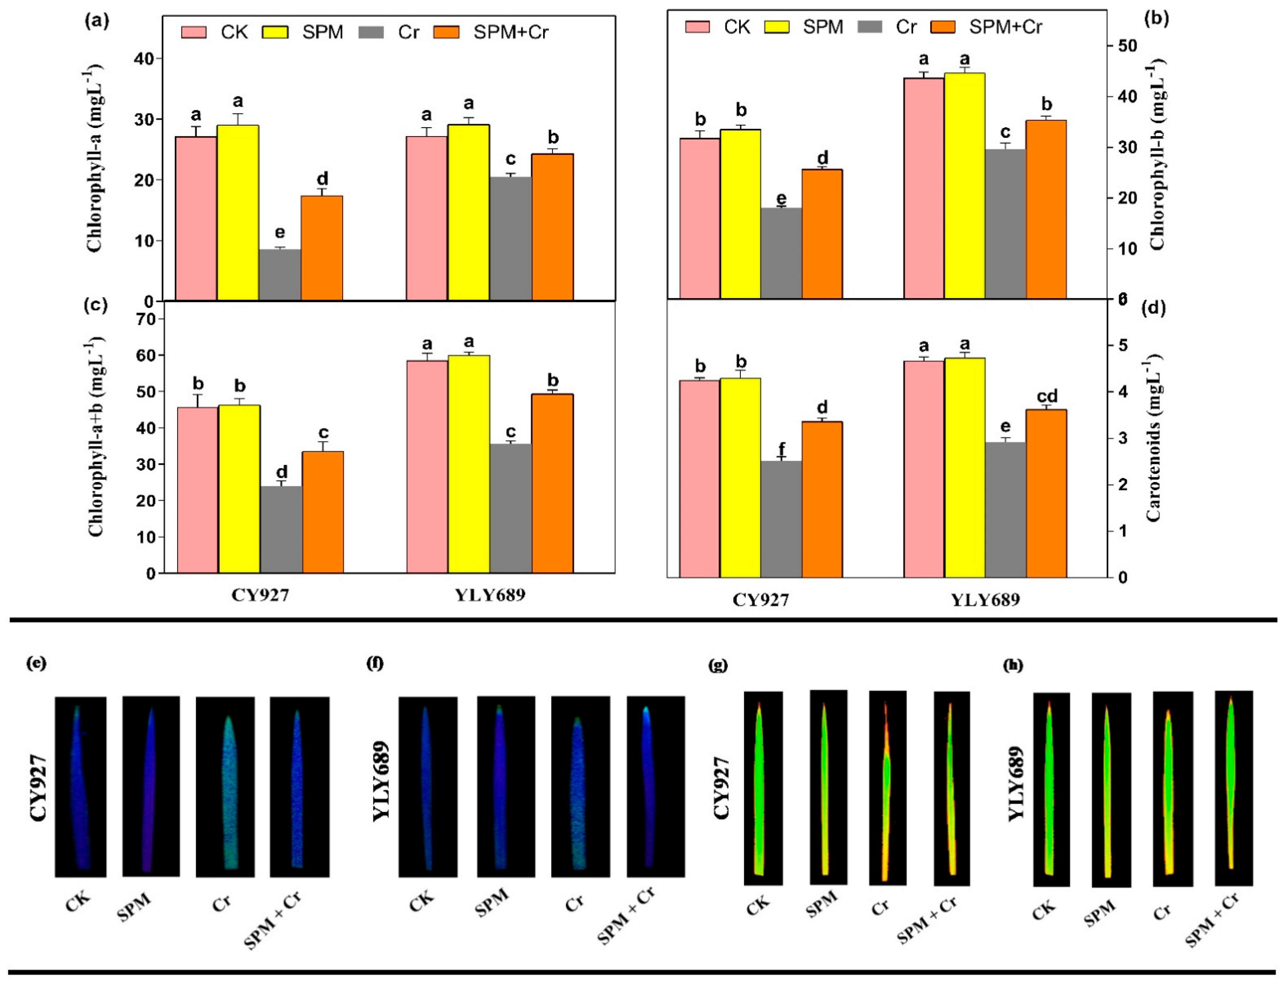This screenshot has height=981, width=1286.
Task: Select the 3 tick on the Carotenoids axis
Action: coord(1124,438)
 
